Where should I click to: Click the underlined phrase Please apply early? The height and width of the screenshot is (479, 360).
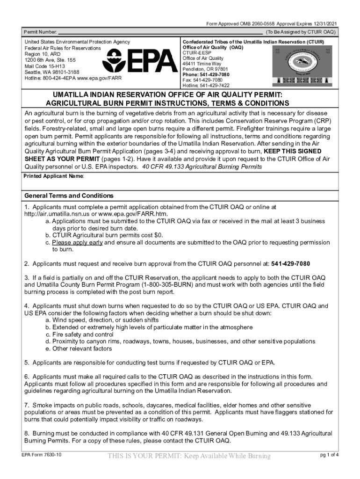(x=77, y=243)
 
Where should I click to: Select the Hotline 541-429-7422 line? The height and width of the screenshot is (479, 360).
(x=206, y=86)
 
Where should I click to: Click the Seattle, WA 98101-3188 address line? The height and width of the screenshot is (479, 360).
(x=51, y=72)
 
